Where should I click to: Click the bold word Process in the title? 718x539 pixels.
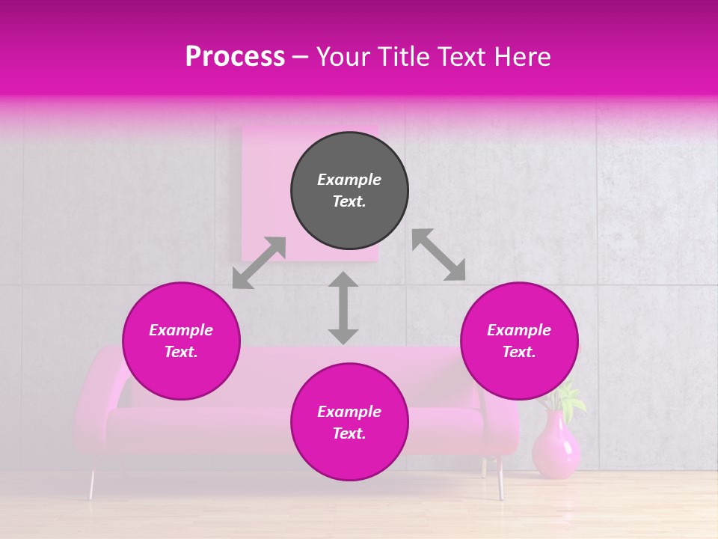(x=235, y=57)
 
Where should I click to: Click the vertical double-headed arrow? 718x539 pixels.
(x=343, y=308)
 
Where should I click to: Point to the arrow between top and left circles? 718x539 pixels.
(x=259, y=263)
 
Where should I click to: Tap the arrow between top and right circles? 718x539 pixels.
(x=438, y=255)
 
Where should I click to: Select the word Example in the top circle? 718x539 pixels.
(x=349, y=180)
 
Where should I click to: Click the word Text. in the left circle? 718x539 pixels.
(x=181, y=352)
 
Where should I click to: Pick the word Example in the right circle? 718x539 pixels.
(x=519, y=330)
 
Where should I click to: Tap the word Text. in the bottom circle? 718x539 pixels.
(x=349, y=433)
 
